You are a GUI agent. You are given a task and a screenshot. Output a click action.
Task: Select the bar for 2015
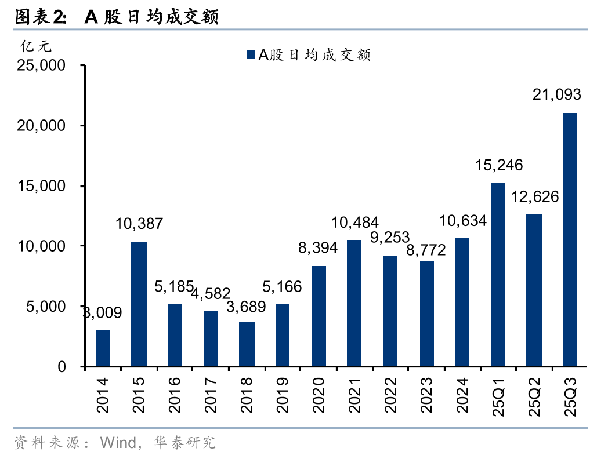click(x=139, y=304)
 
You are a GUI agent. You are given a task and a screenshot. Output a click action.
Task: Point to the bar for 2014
click(x=103, y=348)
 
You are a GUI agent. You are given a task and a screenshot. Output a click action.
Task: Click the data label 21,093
click(x=557, y=94)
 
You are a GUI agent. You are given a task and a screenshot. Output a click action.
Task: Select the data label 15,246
click(x=499, y=165)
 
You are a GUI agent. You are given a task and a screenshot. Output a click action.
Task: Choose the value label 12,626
click(x=535, y=196)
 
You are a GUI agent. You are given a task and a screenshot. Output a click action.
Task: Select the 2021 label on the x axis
click(x=354, y=394)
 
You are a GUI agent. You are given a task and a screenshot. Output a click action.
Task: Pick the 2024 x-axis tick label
click(x=462, y=394)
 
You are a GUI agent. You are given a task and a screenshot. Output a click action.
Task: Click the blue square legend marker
click(x=251, y=55)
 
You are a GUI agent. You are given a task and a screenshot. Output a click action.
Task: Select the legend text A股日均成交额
click(x=314, y=55)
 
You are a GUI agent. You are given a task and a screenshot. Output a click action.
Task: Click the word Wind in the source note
click(x=118, y=443)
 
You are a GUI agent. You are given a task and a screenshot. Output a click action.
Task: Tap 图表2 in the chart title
click(x=39, y=17)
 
